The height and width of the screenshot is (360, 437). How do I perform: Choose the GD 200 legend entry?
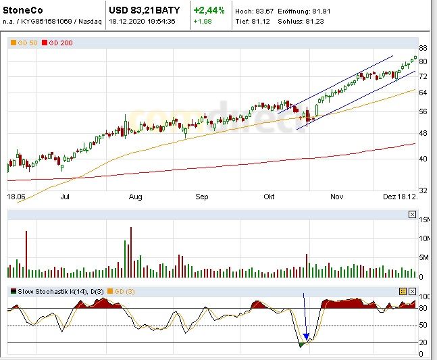57,43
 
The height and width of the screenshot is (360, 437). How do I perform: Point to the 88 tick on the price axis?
423,49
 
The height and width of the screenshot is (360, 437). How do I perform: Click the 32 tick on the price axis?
423,190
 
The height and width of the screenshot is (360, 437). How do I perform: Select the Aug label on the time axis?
135,197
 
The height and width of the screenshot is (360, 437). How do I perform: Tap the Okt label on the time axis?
269,197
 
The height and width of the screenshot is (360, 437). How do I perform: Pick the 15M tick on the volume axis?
424,220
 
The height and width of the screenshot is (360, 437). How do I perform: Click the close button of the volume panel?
412,215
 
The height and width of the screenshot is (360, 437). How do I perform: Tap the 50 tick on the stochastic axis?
422,326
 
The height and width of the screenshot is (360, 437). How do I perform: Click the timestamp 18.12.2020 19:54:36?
143,21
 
